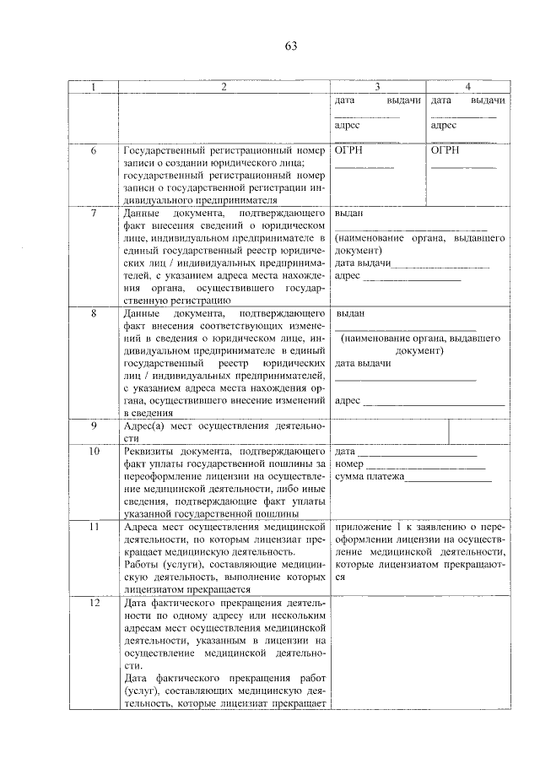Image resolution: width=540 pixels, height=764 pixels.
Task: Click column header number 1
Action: tap(94, 87)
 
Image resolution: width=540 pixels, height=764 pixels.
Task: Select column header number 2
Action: tap(224, 87)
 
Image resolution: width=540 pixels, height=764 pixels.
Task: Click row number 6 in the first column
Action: tap(94, 151)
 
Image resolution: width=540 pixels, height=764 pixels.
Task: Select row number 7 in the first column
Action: tap(94, 214)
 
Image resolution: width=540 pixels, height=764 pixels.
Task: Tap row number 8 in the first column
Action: tap(94, 313)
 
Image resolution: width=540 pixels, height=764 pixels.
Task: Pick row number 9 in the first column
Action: tap(94, 425)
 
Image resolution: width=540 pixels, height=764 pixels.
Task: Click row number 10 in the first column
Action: tap(94, 452)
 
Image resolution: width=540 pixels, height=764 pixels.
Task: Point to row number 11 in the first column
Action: tap(94, 527)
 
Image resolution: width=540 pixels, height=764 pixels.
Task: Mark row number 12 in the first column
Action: tap(94, 603)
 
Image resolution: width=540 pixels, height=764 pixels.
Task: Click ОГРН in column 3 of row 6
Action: tap(350, 151)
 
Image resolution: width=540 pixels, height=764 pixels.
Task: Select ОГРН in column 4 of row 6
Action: tap(445, 151)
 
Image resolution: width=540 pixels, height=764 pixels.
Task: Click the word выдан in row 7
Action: tap(349, 214)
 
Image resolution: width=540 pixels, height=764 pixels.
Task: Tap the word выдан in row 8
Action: tap(350, 313)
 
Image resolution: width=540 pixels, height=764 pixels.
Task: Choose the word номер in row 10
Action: tap(349, 464)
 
